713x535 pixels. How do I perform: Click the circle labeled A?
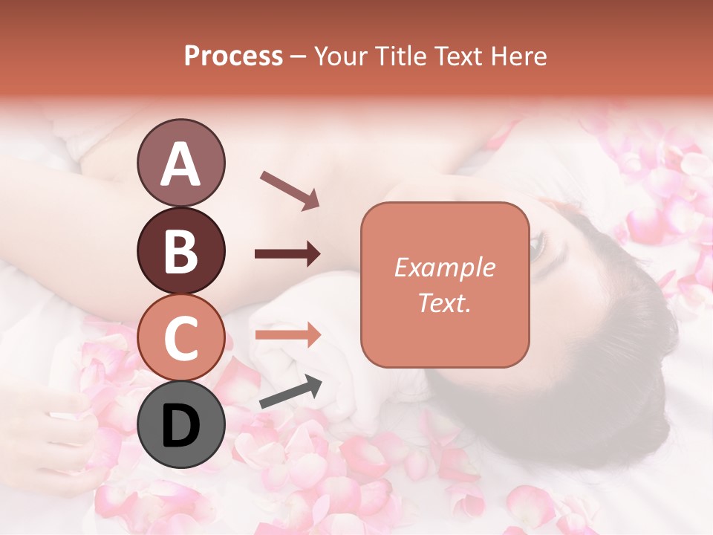(x=180, y=163)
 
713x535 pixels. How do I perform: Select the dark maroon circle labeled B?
(x=180, y=251)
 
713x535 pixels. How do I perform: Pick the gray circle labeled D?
(x=180, y=424)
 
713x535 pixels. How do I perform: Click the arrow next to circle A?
(x=289, y=189)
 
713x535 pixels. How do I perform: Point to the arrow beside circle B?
(x=287, y=254)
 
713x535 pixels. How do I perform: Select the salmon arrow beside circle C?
(x=287, y=335)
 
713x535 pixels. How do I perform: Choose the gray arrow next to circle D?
(x=290, y=392)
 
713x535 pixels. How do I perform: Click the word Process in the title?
(x=233, y=56)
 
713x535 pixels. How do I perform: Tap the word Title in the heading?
(x=396, y=56)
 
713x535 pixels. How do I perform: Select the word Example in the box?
(x=444, y=267)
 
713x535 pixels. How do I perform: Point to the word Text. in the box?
(x=444, y=302)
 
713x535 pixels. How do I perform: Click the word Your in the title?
(x=341, y=56)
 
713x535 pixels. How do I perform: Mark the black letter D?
(x=180, y=426)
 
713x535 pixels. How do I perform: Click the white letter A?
(x=180, y=164)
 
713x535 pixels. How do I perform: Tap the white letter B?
(x=180, y=252)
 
